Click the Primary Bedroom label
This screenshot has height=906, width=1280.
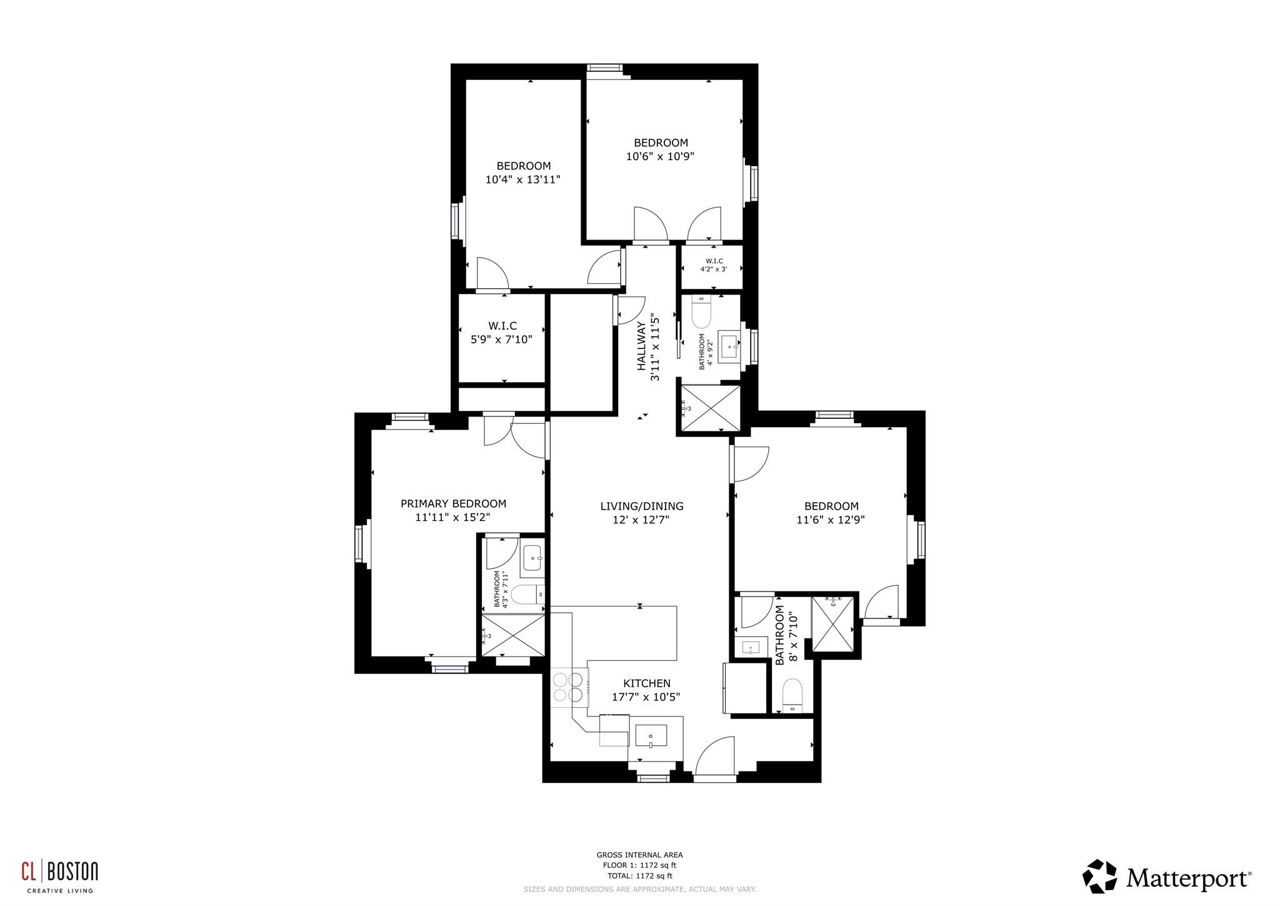pyautogui.click(x=453, y=503)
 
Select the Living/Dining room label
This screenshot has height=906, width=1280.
pyautogui.click(x=642, y=506)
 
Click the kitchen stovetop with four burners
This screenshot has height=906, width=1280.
pyautogui.click(x=569, y=687)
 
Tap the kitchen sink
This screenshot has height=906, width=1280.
pyautogui.click(x=651, y=736)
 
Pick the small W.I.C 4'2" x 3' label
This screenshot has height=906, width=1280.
pyautogui.click(x=714, y=265)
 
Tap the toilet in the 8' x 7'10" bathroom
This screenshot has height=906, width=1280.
pyautogui.click(x=792, y=695)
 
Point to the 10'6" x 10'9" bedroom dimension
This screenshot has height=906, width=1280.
pyautogui.click(x=661, y=156)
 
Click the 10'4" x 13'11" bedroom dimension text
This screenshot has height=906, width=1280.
pyautogui.click(x=523, y=179)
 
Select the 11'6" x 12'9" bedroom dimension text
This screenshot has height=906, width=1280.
pyautogui.click(x=831, y=520)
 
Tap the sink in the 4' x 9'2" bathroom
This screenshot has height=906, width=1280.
pyautogui.click(x=729, y=346)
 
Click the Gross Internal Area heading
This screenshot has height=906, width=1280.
pyautogui.click(x=639, y=855)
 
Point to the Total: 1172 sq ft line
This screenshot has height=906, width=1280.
pyautogui.click(x=640, y=876)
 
